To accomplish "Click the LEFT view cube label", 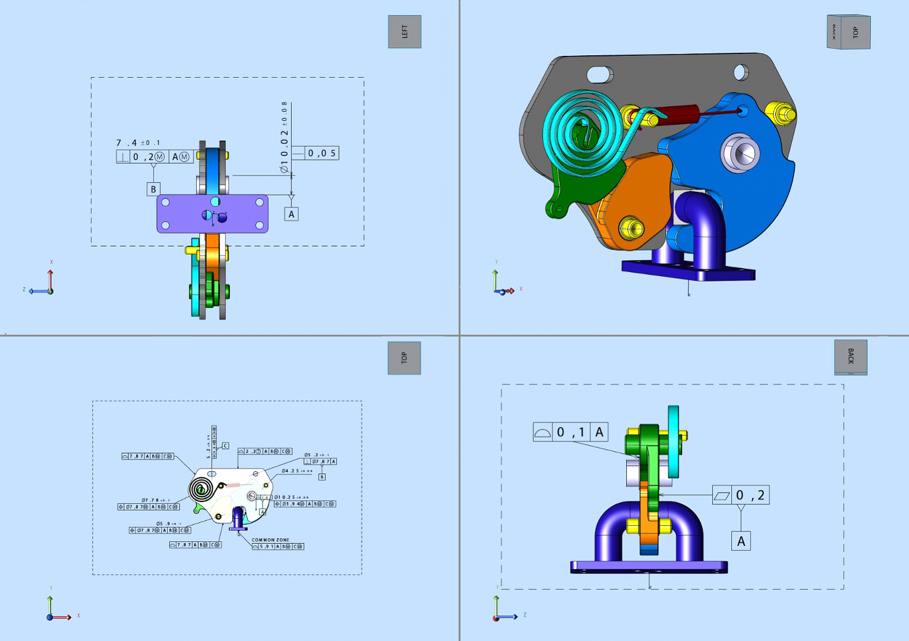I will coord(404,31).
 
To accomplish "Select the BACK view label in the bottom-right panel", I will coord(850,356).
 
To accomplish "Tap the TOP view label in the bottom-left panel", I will coord(404,358).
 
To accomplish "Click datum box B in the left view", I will coord(153,189).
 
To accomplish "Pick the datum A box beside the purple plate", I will coord(291,214).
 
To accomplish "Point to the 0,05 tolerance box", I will coord(322,153).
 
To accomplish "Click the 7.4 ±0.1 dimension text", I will coord(137,143).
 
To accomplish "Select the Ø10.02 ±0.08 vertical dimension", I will coord(285,137).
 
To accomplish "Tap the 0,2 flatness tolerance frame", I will coord(741,495).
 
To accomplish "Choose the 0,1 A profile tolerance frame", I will coord(570,432).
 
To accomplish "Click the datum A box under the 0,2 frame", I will coord(741,541).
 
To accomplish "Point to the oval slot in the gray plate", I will coord(600,75).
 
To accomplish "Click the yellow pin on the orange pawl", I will coord(631,227).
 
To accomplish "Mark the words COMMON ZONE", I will coord(271,540).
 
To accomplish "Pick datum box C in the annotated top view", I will coord(225,446).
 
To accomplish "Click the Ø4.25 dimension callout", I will coord(297,471).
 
